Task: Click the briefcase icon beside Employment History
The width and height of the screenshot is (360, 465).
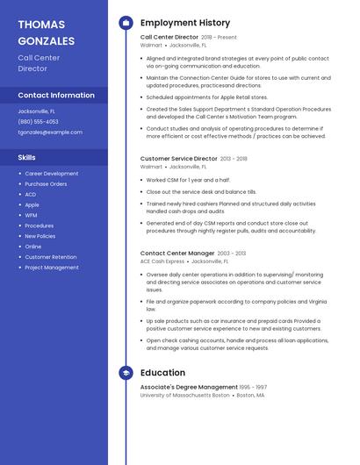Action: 126,23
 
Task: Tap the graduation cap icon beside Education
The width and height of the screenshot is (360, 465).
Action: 126,373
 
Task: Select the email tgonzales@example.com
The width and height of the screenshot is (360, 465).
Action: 50,132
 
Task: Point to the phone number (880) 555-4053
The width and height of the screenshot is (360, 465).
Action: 39,122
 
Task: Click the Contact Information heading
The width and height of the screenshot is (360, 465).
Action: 56,95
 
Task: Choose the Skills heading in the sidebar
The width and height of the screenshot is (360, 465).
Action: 27,157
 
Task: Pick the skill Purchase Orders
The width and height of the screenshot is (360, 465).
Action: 46,184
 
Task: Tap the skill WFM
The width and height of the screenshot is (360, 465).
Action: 31,215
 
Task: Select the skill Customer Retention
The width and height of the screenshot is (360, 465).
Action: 50,257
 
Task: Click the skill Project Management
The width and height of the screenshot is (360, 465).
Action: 51,268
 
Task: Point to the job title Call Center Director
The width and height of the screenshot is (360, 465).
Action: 169,38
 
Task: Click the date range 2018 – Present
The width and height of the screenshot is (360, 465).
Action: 220,38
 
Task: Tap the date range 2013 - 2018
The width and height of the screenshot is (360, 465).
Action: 234,159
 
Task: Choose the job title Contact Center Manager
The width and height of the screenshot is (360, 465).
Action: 177,253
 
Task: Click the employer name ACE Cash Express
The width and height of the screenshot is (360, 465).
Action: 162,261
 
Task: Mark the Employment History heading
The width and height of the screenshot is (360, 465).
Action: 185,23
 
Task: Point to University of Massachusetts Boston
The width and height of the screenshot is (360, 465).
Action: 184,395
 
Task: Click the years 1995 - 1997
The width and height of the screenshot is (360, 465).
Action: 254,387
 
